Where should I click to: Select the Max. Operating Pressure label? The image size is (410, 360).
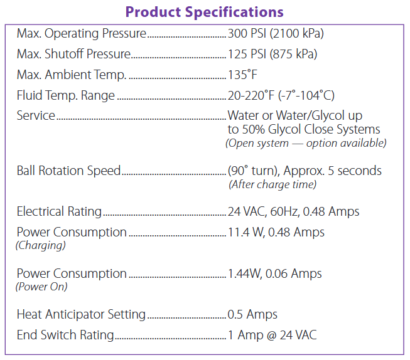(x=81, y=33)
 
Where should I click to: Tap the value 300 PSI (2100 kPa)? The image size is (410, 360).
(x=276, y=33)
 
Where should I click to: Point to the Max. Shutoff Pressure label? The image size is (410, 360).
(x=73, y=54)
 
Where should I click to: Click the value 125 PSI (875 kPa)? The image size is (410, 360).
(x=272, y=54)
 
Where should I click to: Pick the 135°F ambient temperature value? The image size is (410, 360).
(x=242, y=75)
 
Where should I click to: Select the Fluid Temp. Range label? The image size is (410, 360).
(x=66, y=96)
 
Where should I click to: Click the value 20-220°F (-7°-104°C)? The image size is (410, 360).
(x=281, y=96)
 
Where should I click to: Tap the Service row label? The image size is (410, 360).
(x=36, y=116)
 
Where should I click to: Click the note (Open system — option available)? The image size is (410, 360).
(x=306, y=143)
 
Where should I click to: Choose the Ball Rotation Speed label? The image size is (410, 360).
(x=68, y=171)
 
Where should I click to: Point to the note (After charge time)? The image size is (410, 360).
(x=272, y=184)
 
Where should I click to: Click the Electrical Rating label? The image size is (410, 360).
(x=59, y=212)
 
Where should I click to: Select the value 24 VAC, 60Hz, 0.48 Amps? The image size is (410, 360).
(x=293, y=212)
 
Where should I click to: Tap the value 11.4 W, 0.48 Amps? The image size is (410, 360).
(x=276, y=232)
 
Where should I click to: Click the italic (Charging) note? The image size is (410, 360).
(x=40, y=245)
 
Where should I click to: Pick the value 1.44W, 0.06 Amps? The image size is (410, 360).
(x=274, y=273)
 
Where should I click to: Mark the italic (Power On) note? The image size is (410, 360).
(x=41, y=287)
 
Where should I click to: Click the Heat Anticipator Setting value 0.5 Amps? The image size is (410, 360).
(x=252, y=314)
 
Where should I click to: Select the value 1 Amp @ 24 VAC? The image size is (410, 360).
(x=272, y=335)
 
